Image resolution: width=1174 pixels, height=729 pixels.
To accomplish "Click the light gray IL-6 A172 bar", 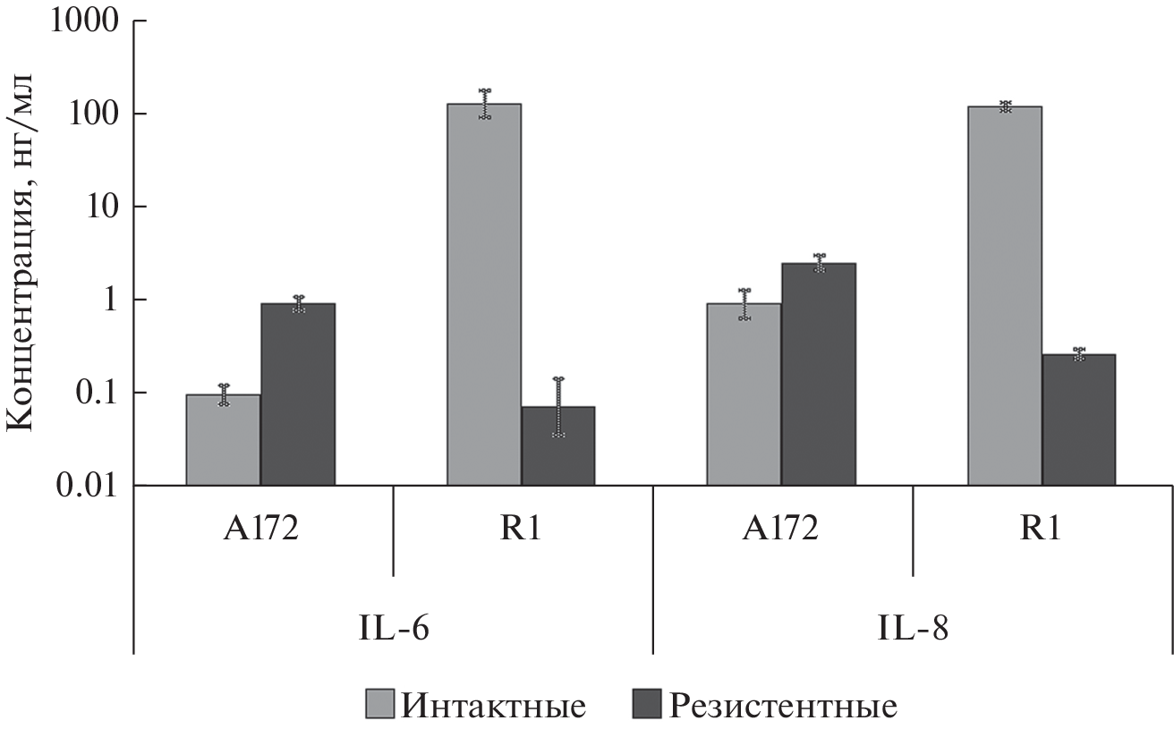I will (224, 440).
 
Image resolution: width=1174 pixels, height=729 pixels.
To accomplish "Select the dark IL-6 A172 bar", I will (298, 394).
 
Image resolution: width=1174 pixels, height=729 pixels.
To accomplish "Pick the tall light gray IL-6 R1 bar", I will (484, 294).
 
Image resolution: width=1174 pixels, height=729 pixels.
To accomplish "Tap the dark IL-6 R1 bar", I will (558, 446).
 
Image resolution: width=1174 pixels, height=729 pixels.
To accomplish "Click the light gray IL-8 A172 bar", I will (744, 394).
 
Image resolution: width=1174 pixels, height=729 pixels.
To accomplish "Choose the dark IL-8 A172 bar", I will (819, 374).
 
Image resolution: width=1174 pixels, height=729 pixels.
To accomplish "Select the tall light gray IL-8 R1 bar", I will (1005, 296).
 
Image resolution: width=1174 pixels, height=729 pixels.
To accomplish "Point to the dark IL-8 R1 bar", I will (1079, 420).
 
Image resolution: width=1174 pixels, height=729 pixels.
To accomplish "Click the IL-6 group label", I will (394, 628).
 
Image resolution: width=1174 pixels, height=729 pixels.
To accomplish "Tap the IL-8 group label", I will (914, 628).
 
